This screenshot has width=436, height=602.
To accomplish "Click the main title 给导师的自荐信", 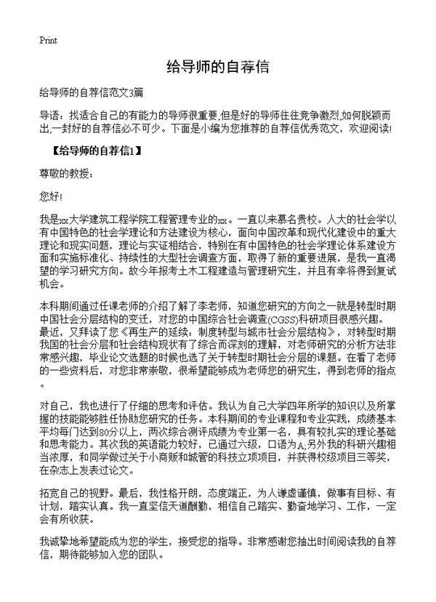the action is click(218, 68).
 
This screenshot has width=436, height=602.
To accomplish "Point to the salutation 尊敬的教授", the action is click(66, 175).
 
